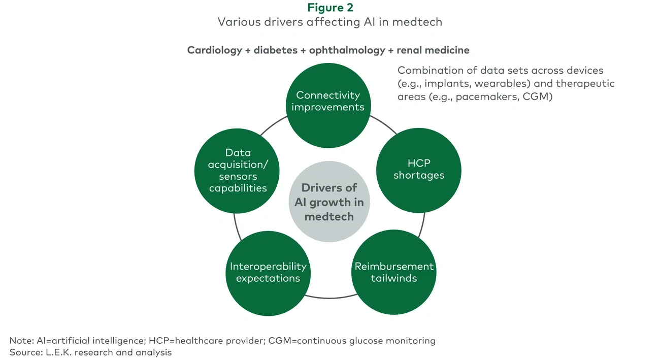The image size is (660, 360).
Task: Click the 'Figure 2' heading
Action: pyautogui.click(x=330, y=8)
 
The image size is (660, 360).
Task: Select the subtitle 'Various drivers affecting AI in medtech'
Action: pyautogui.click(x=330, y=22)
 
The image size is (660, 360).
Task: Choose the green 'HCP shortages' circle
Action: pyautogui.click(x=418, y=170)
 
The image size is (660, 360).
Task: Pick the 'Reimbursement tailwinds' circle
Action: pyautogui.click(x=394, y=273)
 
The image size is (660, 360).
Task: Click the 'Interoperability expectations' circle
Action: pyautogui.click(x=268, y=273)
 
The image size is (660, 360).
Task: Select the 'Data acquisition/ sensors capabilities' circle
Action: pyautogui.click(x=237, y=170)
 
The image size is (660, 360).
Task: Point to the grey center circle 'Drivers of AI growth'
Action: pyautogui.click(x=329, y=202)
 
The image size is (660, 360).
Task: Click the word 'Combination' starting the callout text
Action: pyautogui.click(x=429, y=70)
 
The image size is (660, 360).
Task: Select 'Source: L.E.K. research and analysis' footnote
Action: pyautogui.click(x=90, y=352)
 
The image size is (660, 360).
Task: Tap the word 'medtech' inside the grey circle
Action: pyautogui.click(x=329, y=217)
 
